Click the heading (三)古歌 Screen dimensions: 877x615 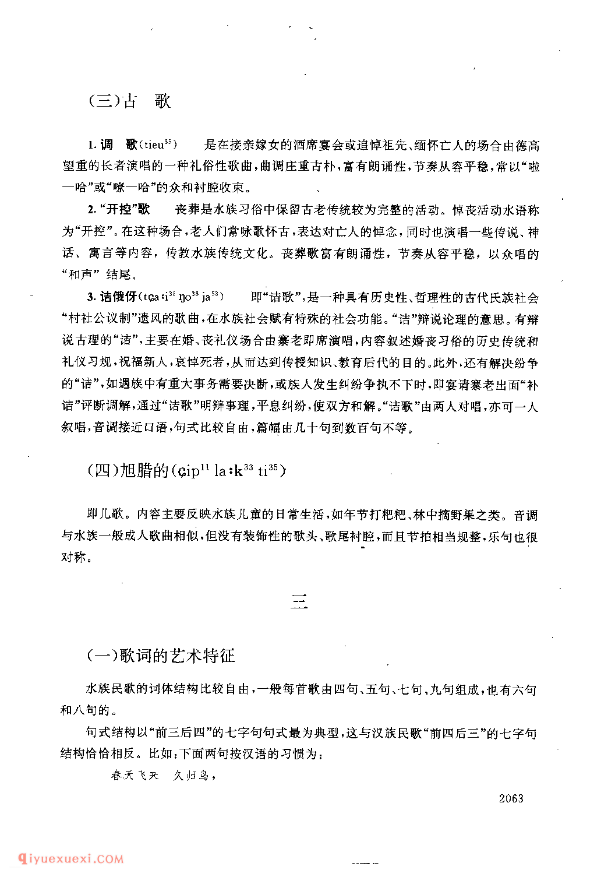coord(129,101)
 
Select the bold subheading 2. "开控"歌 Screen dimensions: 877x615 coord(119,210)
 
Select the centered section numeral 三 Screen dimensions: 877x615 coord(299,603)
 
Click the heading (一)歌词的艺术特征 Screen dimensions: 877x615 coord(161,656)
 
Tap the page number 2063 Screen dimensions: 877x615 coord(511,798)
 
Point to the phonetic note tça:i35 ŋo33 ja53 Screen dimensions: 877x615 coord(180,297)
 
